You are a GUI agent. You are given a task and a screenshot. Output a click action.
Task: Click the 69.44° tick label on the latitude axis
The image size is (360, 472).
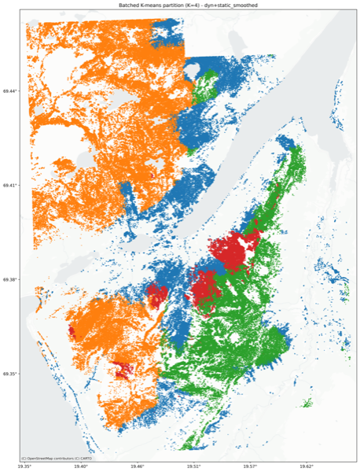[x=12, y=91]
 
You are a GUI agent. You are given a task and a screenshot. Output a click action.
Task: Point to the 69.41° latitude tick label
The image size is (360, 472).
[x=12, y=185]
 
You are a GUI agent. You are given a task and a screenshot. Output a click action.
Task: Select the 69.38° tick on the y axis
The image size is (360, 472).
[x=12, y=279]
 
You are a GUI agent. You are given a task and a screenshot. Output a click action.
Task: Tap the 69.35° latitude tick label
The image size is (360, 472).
[x=12, y=374]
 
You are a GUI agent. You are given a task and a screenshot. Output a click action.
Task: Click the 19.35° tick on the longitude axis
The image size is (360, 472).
[x=25, y=466]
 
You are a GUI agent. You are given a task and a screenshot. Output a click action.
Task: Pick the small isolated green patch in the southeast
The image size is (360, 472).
[x=307, y=404]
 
